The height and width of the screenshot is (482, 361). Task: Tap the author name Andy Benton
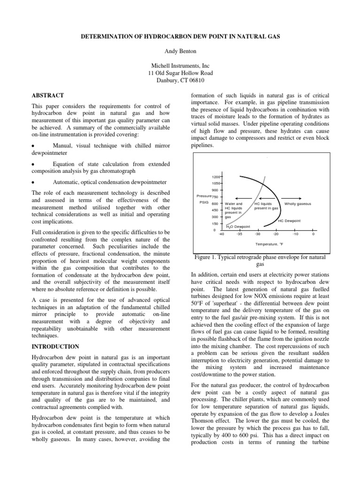[180, 51]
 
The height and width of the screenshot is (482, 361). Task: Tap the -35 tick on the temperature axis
[239, 233]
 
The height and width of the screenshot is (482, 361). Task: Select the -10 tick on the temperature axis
[295, 233]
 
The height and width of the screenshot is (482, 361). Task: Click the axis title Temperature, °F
[269, 244]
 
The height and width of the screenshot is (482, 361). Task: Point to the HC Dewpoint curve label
[289, 220]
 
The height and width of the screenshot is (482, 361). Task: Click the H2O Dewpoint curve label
[238, 227]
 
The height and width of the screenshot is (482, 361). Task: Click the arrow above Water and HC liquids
[237, 197]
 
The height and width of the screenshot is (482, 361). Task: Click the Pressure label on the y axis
[204, 196]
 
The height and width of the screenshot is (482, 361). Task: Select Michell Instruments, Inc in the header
[180, 65]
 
